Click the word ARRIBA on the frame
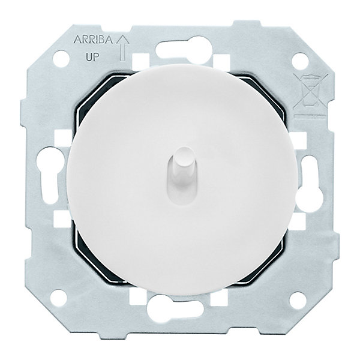pos(93,40)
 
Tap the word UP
pos(92,57)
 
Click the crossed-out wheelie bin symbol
pos(311,92)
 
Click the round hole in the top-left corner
pos(61,58)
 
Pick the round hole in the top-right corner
pos(300,61)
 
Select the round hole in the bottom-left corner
pos(59,298)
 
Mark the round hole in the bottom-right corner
pos(298,300)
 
